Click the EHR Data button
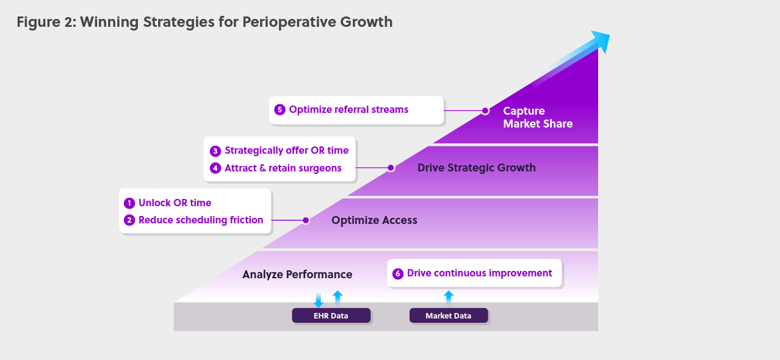click(x=331, y=315)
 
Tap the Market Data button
click(x=449, y=315)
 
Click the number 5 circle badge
click(x=280, y=110)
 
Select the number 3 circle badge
click(x=215, y=151)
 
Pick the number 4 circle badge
click(x=215, y=168)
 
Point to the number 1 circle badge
click(x=129, y=203)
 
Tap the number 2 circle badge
click(x=129, y=220)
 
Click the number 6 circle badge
click(x=398, y=273)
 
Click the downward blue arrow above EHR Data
click(x=318, y=300)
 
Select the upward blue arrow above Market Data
click(x=449, y=298)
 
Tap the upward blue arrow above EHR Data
click(x=338, y=298)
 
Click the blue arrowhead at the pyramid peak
click(x=601, y=41)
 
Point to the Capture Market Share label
click(x=538, y=117)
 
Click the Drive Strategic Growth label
click(x=476, y=168)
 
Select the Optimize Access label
click(x=374, y=220)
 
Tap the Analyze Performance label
click(x=297, y=275)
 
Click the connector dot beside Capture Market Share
click(x=485, y=111)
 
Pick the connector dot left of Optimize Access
click(x=306, y=220)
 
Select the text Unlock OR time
click(x=175, y=203)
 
